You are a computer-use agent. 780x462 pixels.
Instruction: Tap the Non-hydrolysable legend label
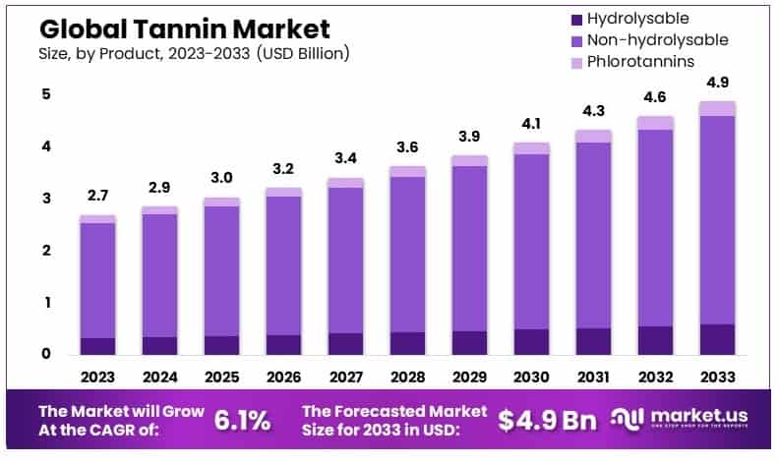click(657, 40)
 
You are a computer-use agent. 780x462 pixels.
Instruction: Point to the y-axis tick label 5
click(46, 95)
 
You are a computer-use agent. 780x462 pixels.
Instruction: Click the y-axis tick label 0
click(46, 354)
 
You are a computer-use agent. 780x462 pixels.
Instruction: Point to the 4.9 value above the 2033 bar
click(718, 83)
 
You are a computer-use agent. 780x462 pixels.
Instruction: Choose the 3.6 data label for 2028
click(407, 147)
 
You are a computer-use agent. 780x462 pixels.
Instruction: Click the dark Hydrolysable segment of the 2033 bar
click(718, 339)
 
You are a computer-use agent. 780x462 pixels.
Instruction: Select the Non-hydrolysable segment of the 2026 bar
click(283, 265)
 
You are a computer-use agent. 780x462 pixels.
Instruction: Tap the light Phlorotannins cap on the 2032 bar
click(656, 123)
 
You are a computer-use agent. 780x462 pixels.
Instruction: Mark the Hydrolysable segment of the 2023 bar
click(97, 346)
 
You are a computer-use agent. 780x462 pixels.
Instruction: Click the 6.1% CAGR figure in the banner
click(242, 420)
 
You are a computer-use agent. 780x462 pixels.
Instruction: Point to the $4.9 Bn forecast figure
click(547, 420)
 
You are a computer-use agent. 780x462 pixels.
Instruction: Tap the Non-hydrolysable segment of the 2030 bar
click(531, 241)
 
